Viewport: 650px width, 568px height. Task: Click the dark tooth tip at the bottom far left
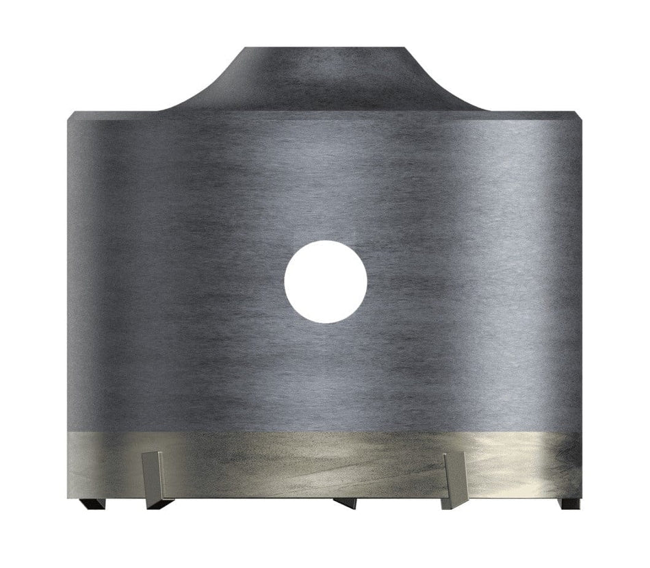click(x=90, y=504)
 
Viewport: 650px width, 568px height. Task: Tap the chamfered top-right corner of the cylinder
click(x=581, y=115)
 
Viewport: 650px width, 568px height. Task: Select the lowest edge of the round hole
click(x=326, y=322)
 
